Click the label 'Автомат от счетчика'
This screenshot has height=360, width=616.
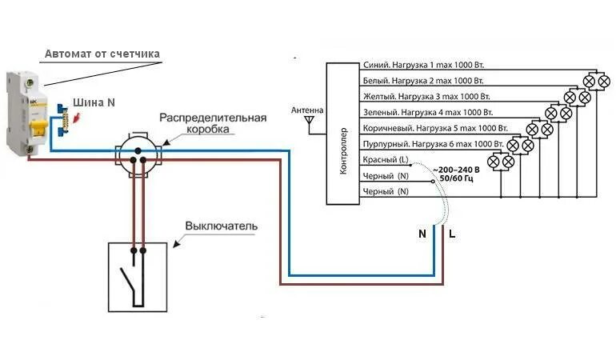click(x=102, y=54)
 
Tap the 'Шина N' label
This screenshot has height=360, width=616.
click(x=94, y=103)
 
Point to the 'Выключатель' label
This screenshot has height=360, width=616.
click(x=222, y=226)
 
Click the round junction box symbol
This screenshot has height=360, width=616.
click(x=138, y=151)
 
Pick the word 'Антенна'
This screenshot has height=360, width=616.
click(x=307, y=110)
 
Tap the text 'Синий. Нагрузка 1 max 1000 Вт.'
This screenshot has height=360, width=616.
click(x=424, y=65)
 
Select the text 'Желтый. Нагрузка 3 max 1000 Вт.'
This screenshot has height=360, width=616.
click(x=426, y=96)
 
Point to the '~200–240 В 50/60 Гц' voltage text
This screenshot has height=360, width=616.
click(x=455, y=174)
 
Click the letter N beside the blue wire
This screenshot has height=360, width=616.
click(x=422, y=234)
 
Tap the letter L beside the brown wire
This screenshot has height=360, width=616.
click(x=452, y=234)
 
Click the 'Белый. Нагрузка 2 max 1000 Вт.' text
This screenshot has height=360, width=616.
click(x=424, y=81)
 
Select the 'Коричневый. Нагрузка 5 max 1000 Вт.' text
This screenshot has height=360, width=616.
click(x=435, y=128)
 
